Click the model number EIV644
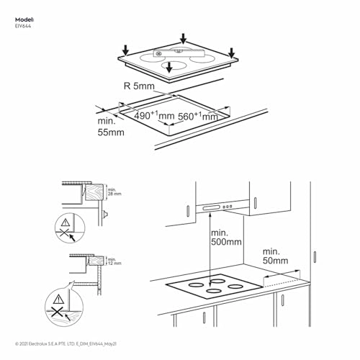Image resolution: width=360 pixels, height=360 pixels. [x=22, y=25]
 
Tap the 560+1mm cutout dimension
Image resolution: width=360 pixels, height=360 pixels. [x=197, y=116]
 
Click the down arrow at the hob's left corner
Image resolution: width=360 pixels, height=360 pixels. [x=125, y=50]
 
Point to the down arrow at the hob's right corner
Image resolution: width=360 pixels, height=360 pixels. [x=231, y=52]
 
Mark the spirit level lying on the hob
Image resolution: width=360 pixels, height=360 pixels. [x=179, y=53]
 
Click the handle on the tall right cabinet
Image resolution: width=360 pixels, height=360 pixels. [x=316, y=256]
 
